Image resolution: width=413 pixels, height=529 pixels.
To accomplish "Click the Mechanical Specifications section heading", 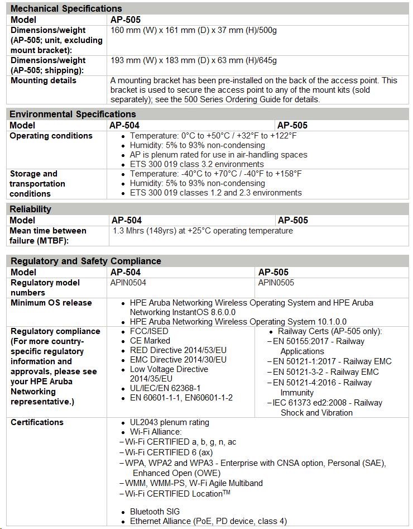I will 66,8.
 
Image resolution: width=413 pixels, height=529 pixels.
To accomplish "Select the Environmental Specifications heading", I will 73,114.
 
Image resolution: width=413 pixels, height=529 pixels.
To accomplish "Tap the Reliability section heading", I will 31,209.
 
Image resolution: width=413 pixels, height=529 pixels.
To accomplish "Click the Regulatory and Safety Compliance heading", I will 86,261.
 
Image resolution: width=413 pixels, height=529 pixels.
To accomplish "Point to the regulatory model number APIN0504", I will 128,283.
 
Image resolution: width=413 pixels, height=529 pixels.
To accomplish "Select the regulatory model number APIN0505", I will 276,283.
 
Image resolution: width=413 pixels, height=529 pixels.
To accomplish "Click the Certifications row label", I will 37,422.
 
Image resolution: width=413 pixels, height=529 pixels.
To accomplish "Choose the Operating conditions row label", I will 51,136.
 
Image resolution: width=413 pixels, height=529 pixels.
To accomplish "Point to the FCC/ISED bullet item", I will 149,331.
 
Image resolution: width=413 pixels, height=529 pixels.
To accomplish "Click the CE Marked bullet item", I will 150,341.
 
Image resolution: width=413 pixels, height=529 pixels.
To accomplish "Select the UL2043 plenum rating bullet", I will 170,422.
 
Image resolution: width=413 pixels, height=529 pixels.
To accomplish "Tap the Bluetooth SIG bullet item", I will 155,512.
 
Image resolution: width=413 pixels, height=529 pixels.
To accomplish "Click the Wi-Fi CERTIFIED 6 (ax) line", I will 168,452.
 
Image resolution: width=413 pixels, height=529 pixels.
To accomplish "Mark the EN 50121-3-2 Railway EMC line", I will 325,372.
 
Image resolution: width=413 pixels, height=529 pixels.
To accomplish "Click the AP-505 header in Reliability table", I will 292,220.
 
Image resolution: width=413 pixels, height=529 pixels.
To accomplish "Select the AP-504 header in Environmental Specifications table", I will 125,125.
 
